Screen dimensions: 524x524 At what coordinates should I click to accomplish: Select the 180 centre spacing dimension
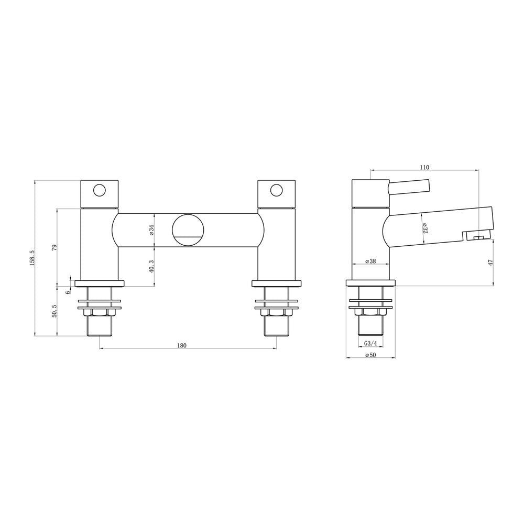click(x=182, y=345)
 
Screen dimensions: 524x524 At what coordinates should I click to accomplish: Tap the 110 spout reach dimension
click(x=424, y=168)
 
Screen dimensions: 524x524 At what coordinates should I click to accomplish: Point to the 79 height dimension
click(x=54, y=247)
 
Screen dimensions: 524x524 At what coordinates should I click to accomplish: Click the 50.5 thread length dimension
click(x=54, y=311)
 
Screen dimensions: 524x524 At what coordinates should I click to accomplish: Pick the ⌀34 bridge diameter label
click(x=151, y=230)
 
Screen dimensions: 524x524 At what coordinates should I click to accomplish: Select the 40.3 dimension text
click(x=151, y=267)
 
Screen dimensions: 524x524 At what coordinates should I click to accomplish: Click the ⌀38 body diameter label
click(x=370, y=261)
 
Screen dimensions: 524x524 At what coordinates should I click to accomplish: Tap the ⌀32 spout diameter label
click(x=425, y=228)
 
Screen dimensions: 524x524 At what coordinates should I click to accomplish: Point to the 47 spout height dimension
click(x=491, y=263)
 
